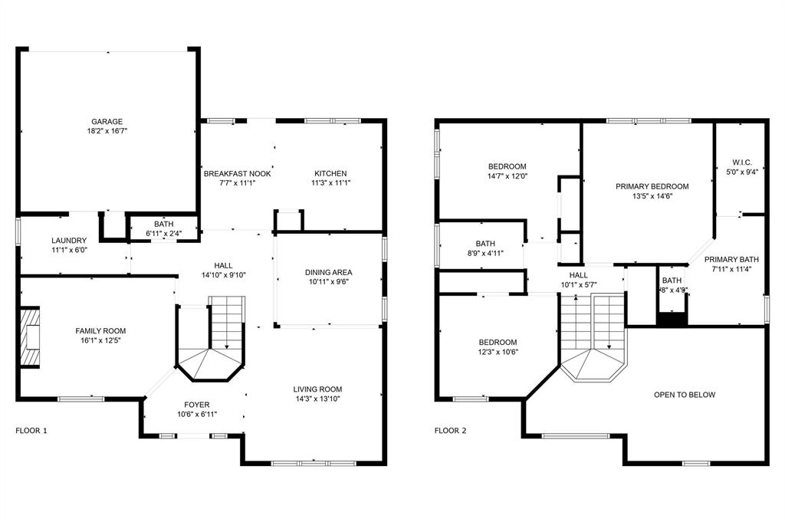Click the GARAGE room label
[x=107, y=121]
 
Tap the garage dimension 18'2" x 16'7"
[x=107, y=132]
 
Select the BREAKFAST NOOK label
[x=237, y=173]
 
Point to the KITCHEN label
[x=330, y=173]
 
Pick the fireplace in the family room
[x=29, y=336]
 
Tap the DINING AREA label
[x=329, y=272]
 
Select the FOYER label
[x=196, y=405]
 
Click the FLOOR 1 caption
[x=31, y=431]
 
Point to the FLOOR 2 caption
[x=450, y=431]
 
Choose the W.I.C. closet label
[x=742, y=162]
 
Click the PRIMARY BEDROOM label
[x=652, y=186]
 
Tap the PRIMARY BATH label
[x=731, y=259]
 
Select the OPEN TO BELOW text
[x=684, y=395]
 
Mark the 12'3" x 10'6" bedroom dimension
[x=498, y=353]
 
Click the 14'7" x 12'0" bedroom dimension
[x=507, y=177]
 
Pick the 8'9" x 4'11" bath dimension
[x=484, y=254]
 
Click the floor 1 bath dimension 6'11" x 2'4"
[x=163, y=234]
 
